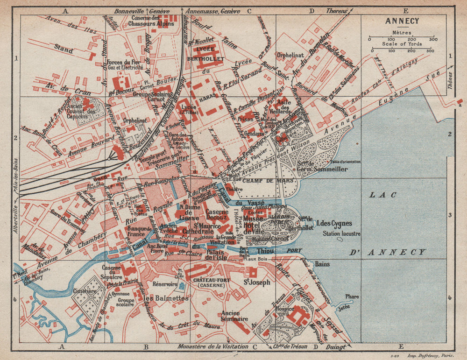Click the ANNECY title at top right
click(402, 21)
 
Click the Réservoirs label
click(165, 283)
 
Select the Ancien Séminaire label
click(231, 316)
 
